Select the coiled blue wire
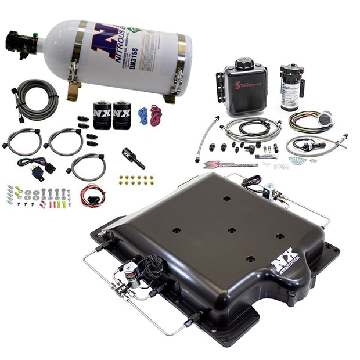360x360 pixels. tap(143, 116)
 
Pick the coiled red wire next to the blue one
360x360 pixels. tap(156, 114)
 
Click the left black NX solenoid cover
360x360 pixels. tap(102, 114)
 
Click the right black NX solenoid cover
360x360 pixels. tap(122, 114)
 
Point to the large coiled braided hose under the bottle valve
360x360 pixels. tap(37, 100)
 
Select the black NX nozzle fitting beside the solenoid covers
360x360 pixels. tap(133, 157)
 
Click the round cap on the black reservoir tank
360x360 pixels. tap(244, 63)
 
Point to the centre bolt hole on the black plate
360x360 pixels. tap(232, 230)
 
